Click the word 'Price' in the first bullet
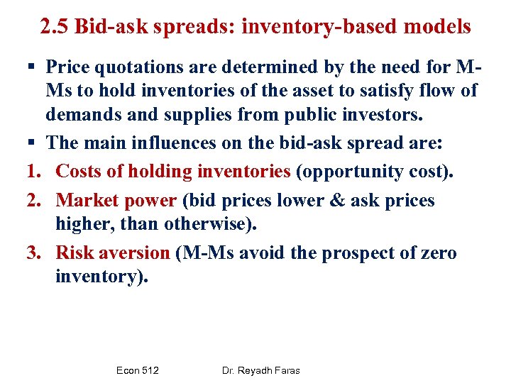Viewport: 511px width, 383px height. pyautogui.click(x=70, y=67)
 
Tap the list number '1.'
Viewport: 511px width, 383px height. pyautogui.click(x=35, y=171)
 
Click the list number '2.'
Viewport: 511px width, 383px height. pyautogui.click(x=35, y=201)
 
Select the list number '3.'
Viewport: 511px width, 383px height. pyautogui.click(x=35, y=253)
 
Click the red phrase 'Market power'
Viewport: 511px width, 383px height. pyautogui.click(x=116, y=201)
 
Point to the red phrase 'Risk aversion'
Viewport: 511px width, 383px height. pyautogui.click(x=113, y=253)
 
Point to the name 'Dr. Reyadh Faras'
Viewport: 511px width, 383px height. pyautogui.click(x=260, y=370)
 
